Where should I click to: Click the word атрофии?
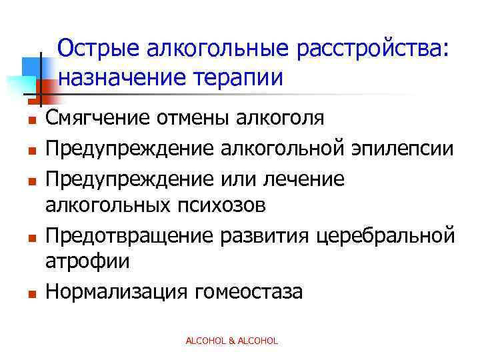pos(87,262)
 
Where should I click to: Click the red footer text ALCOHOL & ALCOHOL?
pos(231,341)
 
